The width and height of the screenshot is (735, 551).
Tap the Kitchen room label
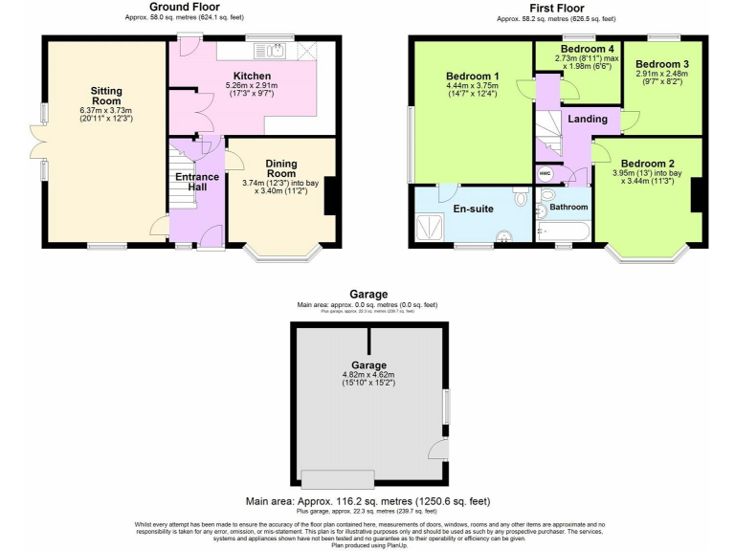click(252, 76)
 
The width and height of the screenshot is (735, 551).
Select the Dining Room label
click(281, 168)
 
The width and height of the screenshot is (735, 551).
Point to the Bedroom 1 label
click(472, 76)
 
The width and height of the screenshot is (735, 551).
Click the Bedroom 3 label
click(661, 65)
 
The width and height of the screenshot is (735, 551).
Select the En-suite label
click(472, 209)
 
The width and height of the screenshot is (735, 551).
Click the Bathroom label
click(568, 207)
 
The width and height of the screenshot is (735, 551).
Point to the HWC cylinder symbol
click(545, 173)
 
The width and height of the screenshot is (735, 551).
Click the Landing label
click(587, 119)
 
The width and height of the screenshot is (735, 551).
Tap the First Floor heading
click(557, 8)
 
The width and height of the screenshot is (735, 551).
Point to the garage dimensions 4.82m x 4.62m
click(368, 374)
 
